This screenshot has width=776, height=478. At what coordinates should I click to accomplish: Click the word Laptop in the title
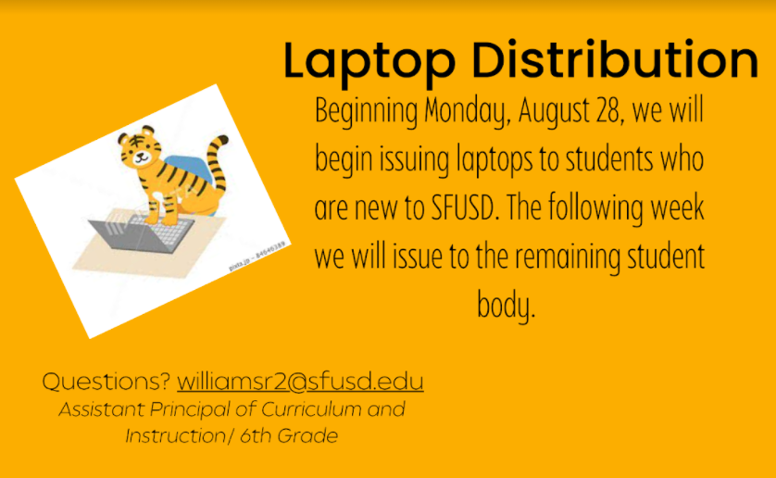click(x=369, y=61)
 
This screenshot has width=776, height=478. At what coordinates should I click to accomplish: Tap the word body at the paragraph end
click(x=506, y=306)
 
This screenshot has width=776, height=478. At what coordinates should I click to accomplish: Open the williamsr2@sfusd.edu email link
click(x=300, y=382)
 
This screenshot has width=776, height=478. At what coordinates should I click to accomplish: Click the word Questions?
click(x=106, y=382)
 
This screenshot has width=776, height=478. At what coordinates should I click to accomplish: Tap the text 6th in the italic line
click(x=256, y=436)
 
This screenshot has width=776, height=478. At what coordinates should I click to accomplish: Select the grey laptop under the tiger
click(x=142, y=233)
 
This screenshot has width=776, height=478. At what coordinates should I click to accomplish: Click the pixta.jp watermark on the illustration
click(x=257, y=257)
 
